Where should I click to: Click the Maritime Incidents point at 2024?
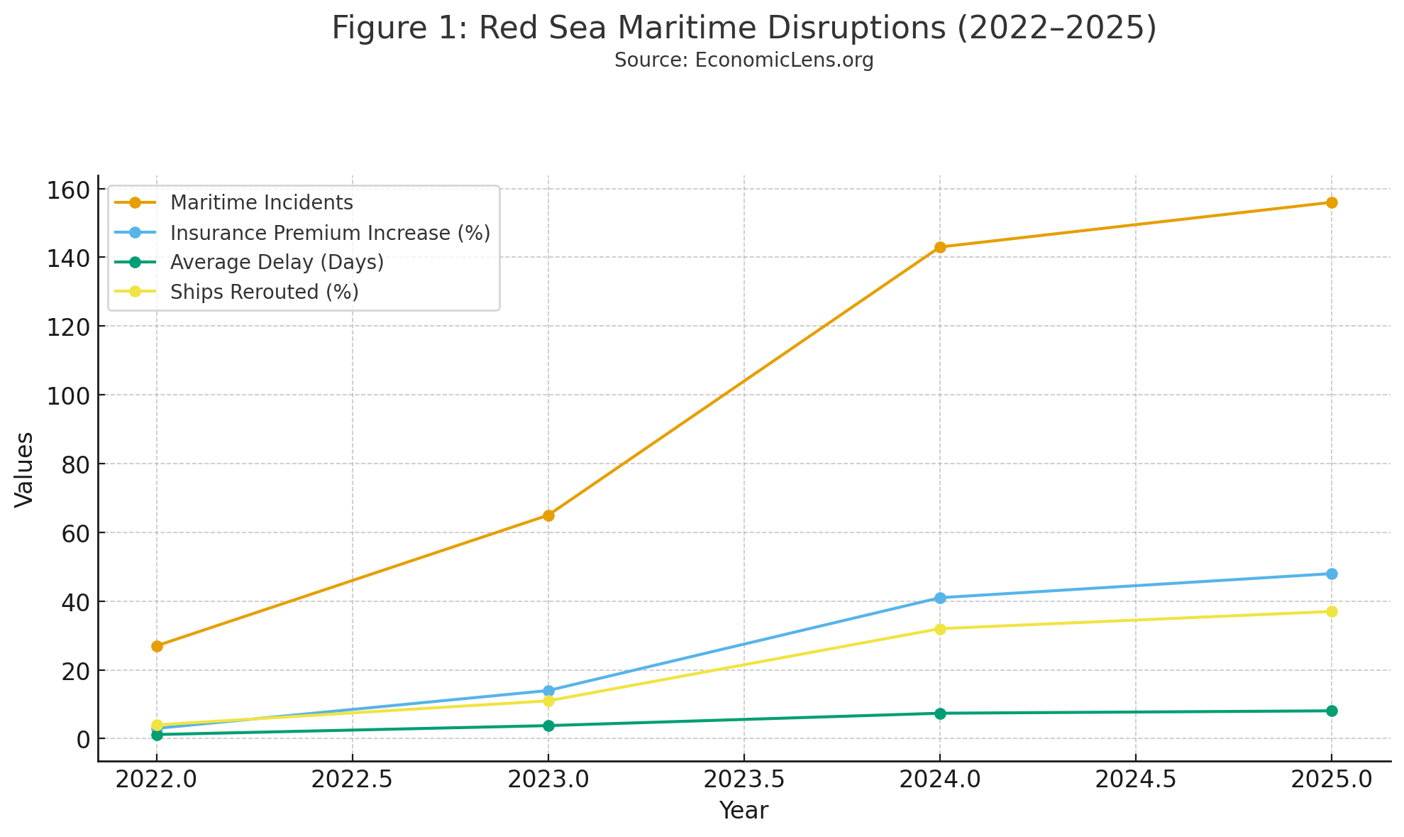point(940,247)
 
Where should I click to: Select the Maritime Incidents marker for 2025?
point(1332,202)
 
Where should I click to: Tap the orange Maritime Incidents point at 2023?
point(548,515)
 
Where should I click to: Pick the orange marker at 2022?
point(157,646)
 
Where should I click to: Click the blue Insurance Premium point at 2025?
point(1332,574)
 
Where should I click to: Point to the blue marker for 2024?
point(940,598)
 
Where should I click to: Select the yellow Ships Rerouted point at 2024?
point(940,629)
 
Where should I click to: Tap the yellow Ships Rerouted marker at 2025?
point(1332,611)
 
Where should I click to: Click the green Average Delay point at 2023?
point(548,726)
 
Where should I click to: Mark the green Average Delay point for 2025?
point(1332,711)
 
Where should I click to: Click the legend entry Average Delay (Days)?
point(277,263)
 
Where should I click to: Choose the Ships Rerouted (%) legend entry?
point(264,292)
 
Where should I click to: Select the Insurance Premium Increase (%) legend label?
point(330,233)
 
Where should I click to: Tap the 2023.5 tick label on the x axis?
point(744,780)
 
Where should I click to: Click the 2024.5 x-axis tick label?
point(1135,780)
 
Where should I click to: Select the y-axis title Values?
point(25,469)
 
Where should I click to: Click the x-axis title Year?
point(744,811)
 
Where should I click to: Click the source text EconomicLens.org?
point(744,60)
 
